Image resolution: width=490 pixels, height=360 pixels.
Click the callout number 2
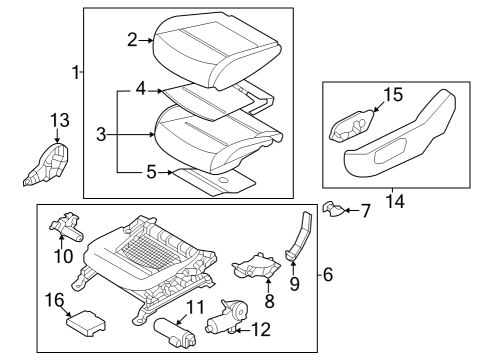pos(132,40)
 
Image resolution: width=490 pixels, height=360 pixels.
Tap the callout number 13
pos(57,121)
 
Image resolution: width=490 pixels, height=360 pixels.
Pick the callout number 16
pos(59,299)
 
